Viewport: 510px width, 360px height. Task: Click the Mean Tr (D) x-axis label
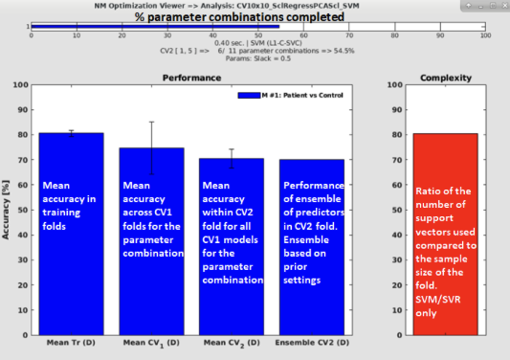(x=70, y=341)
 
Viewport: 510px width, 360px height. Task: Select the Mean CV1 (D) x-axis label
(x=150, y=341)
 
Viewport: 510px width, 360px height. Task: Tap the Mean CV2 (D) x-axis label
(x=231, y=341)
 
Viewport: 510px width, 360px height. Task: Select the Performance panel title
(x=191, y=77)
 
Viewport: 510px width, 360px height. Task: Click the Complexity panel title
(x=444, y=77)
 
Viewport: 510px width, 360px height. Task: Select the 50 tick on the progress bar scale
(x=258, y=35)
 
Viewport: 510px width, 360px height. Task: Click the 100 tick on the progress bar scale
(x=484, y=35)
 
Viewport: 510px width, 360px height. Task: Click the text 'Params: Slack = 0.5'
(x=258, y=58)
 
